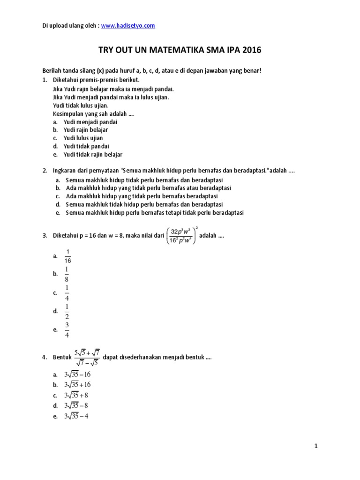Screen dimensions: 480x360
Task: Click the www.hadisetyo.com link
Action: [x=128, y=26]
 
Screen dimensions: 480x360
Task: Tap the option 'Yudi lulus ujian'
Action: [x=83, y=138]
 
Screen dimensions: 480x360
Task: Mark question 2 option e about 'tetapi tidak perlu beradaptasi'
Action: [x=155, y=212]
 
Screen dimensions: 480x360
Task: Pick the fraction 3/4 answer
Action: [x=67, y=330]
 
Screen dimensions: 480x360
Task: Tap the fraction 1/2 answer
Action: [x=67, y=311]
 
